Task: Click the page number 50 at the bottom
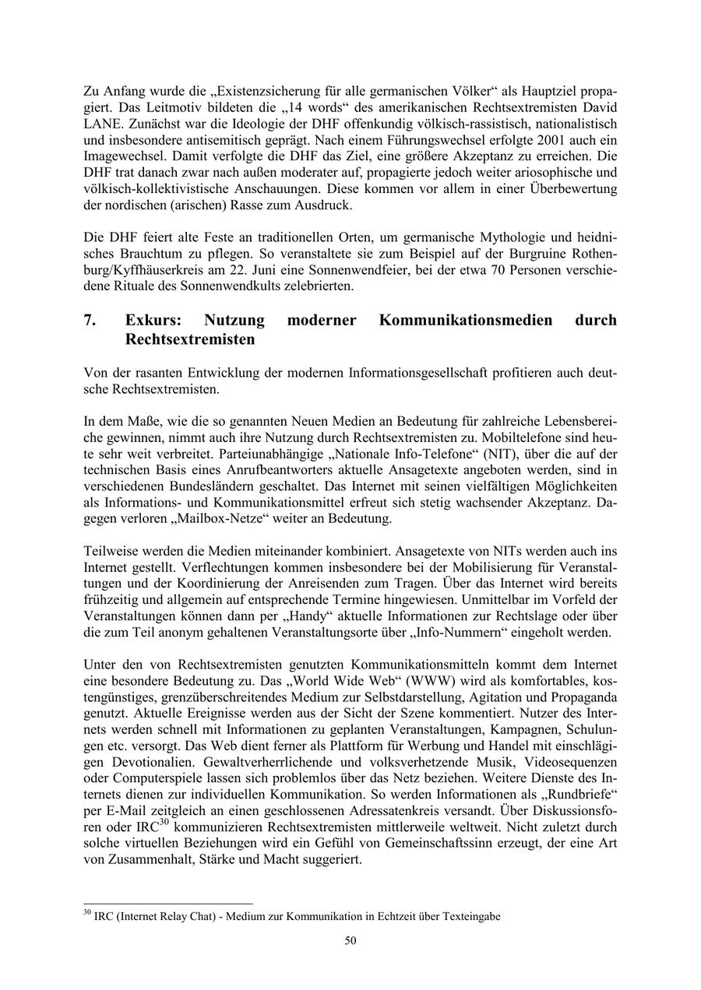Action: (x=350, y=940)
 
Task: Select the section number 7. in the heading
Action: (x=90, y=320)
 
